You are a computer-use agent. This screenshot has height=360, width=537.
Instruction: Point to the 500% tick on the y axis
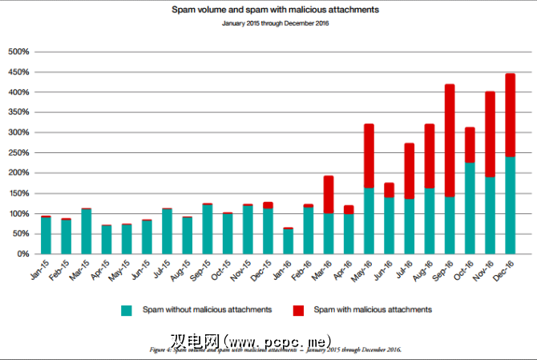(x=18, y=52)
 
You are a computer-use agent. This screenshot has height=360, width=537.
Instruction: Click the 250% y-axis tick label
(x=18, y=153)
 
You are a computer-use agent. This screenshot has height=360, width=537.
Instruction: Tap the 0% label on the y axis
(x=22, y=254)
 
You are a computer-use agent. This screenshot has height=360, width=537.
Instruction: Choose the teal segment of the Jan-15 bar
(x=46, y=236)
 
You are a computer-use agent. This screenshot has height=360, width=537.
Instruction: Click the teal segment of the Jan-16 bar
(x=288, y=241)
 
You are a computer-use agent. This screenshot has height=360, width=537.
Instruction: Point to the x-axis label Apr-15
(x=102, y=272)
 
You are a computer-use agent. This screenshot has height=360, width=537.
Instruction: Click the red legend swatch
(x=297, y=309)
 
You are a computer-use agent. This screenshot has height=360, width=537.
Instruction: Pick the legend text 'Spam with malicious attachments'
(x=373, y=309)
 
